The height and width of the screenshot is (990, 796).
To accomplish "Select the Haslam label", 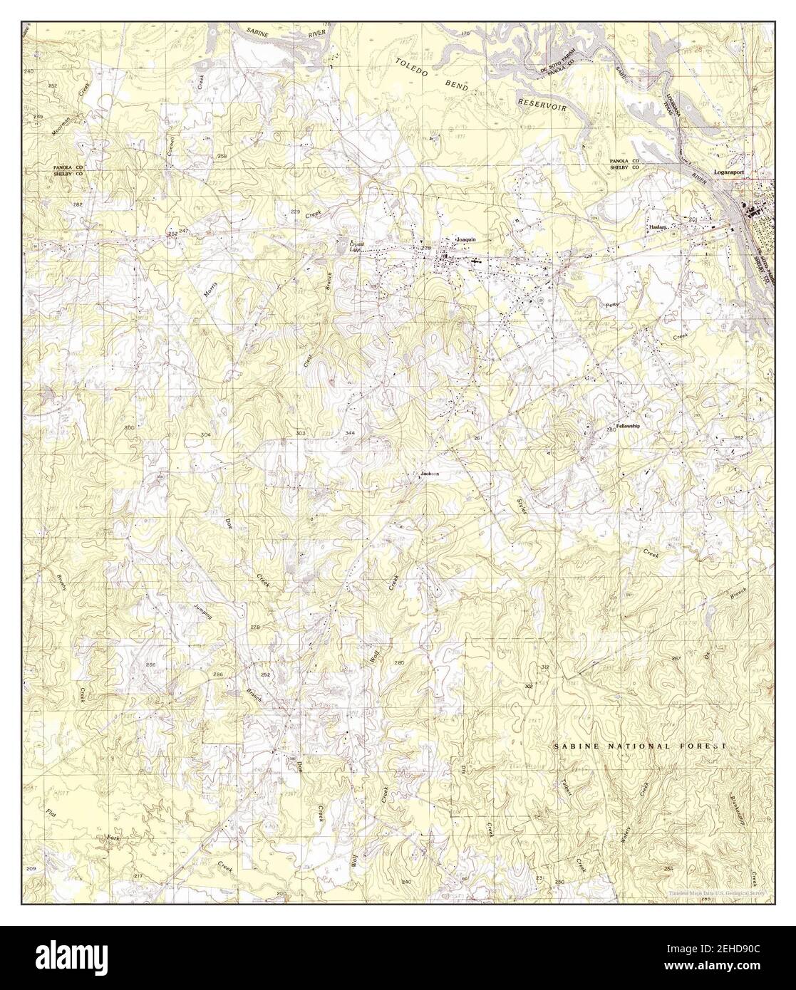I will (658, 226).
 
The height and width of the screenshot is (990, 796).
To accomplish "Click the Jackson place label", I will (430, 474).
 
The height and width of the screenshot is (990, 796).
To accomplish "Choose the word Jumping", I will (203, 615).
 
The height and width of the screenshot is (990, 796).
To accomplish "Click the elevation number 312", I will (545, 667).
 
